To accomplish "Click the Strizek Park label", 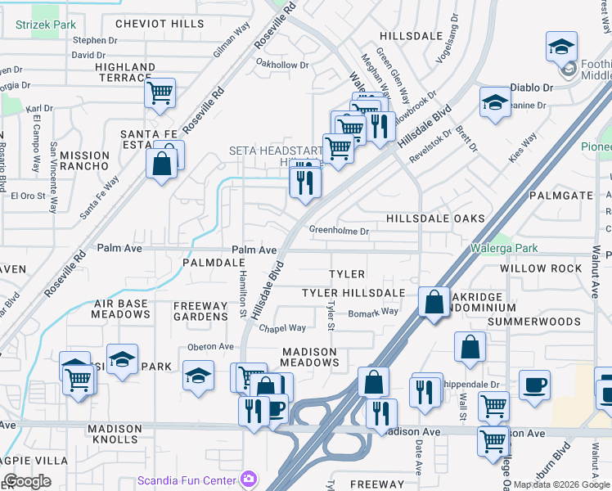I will click(x=46, y=25).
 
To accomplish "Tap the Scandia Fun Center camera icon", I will click(x=249, y=478).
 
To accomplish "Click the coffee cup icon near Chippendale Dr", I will click(x=534, y=384).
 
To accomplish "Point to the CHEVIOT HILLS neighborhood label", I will click(x=160, y=24).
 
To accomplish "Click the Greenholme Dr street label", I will click(x=339, y=232).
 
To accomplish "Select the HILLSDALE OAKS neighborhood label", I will click(x=435, y=218).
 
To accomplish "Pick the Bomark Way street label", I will click(x=373, y=312).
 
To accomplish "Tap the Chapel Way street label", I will click(x=282, y=328).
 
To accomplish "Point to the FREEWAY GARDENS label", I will click(x=200, y=311).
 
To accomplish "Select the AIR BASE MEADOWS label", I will click(x=120, y=309).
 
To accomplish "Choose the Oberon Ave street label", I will click(x=211, y=347).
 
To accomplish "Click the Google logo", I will click(x=27, y=480).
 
